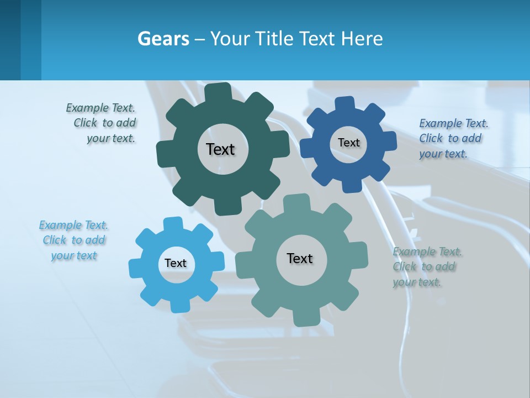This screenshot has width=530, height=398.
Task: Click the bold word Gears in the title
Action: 163,39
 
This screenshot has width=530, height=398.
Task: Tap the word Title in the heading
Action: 276,39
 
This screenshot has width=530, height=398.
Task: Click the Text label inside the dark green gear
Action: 220,149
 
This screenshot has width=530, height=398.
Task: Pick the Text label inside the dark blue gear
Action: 348,143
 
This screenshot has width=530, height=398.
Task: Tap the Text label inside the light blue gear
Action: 176,263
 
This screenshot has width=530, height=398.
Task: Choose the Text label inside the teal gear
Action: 300,258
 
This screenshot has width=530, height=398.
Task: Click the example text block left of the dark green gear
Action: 102,123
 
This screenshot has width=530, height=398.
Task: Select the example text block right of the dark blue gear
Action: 453,138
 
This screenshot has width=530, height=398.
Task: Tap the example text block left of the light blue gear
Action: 74,240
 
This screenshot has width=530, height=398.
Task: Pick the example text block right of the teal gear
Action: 426,266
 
